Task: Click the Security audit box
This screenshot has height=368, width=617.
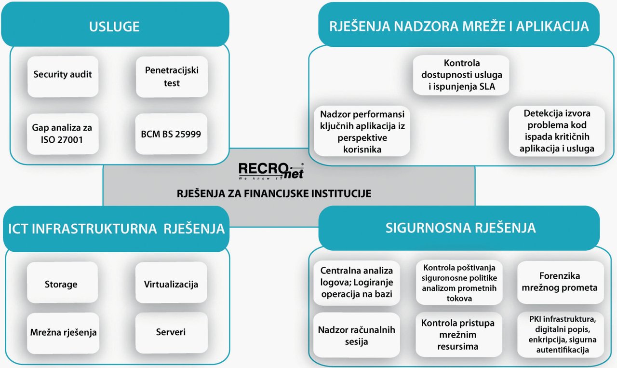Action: click(x=63, y=77)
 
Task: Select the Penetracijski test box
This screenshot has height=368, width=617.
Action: click(x=172, y=77)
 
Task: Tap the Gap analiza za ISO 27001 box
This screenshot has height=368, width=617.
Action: click(x=63, y=134)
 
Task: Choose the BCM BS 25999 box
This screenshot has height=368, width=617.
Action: click(x=171, y=134)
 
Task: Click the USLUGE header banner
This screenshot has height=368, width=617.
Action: click(x=115, y=24)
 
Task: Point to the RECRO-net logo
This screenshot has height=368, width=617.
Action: click(x=271, y=171)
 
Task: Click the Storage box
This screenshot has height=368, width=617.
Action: click(x=63, y=282)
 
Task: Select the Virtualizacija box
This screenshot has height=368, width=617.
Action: click(x=171, y=282)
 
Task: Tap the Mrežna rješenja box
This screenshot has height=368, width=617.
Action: click(x=63, y=333)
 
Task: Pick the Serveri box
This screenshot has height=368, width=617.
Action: click(x=171, y=333)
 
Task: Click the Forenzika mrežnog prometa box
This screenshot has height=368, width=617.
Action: click(x=560, y=282)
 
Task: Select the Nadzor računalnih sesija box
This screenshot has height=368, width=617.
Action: click(x=356, y=335)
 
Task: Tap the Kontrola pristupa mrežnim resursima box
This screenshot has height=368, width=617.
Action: click(x=458, y=335)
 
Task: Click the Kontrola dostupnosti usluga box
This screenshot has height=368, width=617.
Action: click(x=461, y=75)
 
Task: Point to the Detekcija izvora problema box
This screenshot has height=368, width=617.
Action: click(x=557, y=131)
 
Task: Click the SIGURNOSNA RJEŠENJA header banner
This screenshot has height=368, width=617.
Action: click(x=459, y=228)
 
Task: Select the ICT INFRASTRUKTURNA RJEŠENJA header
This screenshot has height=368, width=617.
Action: click(x=116, y=229)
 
